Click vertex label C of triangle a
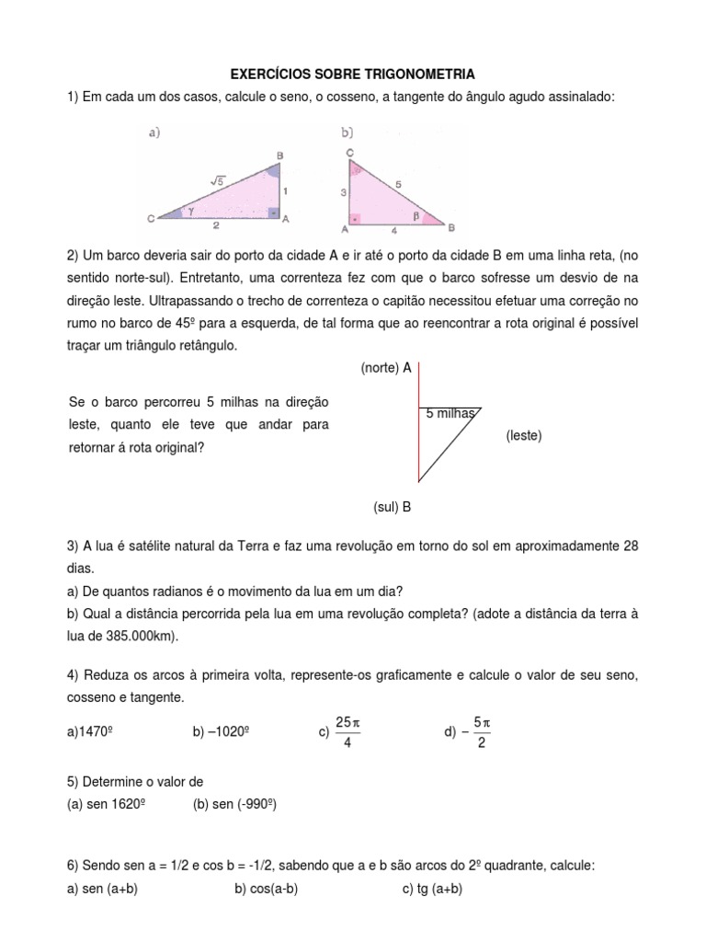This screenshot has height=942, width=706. (x=150, y=218)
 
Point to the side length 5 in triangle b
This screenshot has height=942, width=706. (x=398, y=183)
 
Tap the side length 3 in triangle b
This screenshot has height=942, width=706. (x=341, y=191)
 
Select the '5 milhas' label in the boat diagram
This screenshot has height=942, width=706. (x=450, y=414)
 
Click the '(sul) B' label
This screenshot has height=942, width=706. (x=392, y=506)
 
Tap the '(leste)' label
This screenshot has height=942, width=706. (x=523, y=435)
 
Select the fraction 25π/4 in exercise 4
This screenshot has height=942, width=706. (x=347, y=731)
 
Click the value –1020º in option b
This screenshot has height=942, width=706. (x=222, y=732)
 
